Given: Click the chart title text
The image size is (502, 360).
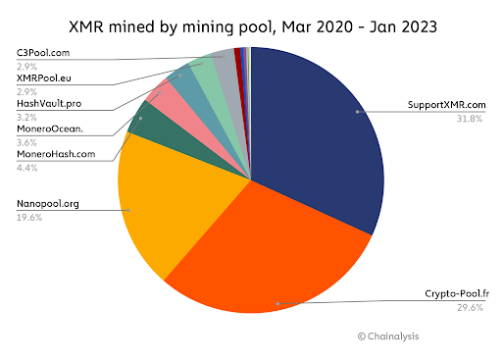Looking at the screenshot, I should click(251, 22).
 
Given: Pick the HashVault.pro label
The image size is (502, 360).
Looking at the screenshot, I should click(49, 103).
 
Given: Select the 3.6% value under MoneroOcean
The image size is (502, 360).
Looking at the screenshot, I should click(25, 142).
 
